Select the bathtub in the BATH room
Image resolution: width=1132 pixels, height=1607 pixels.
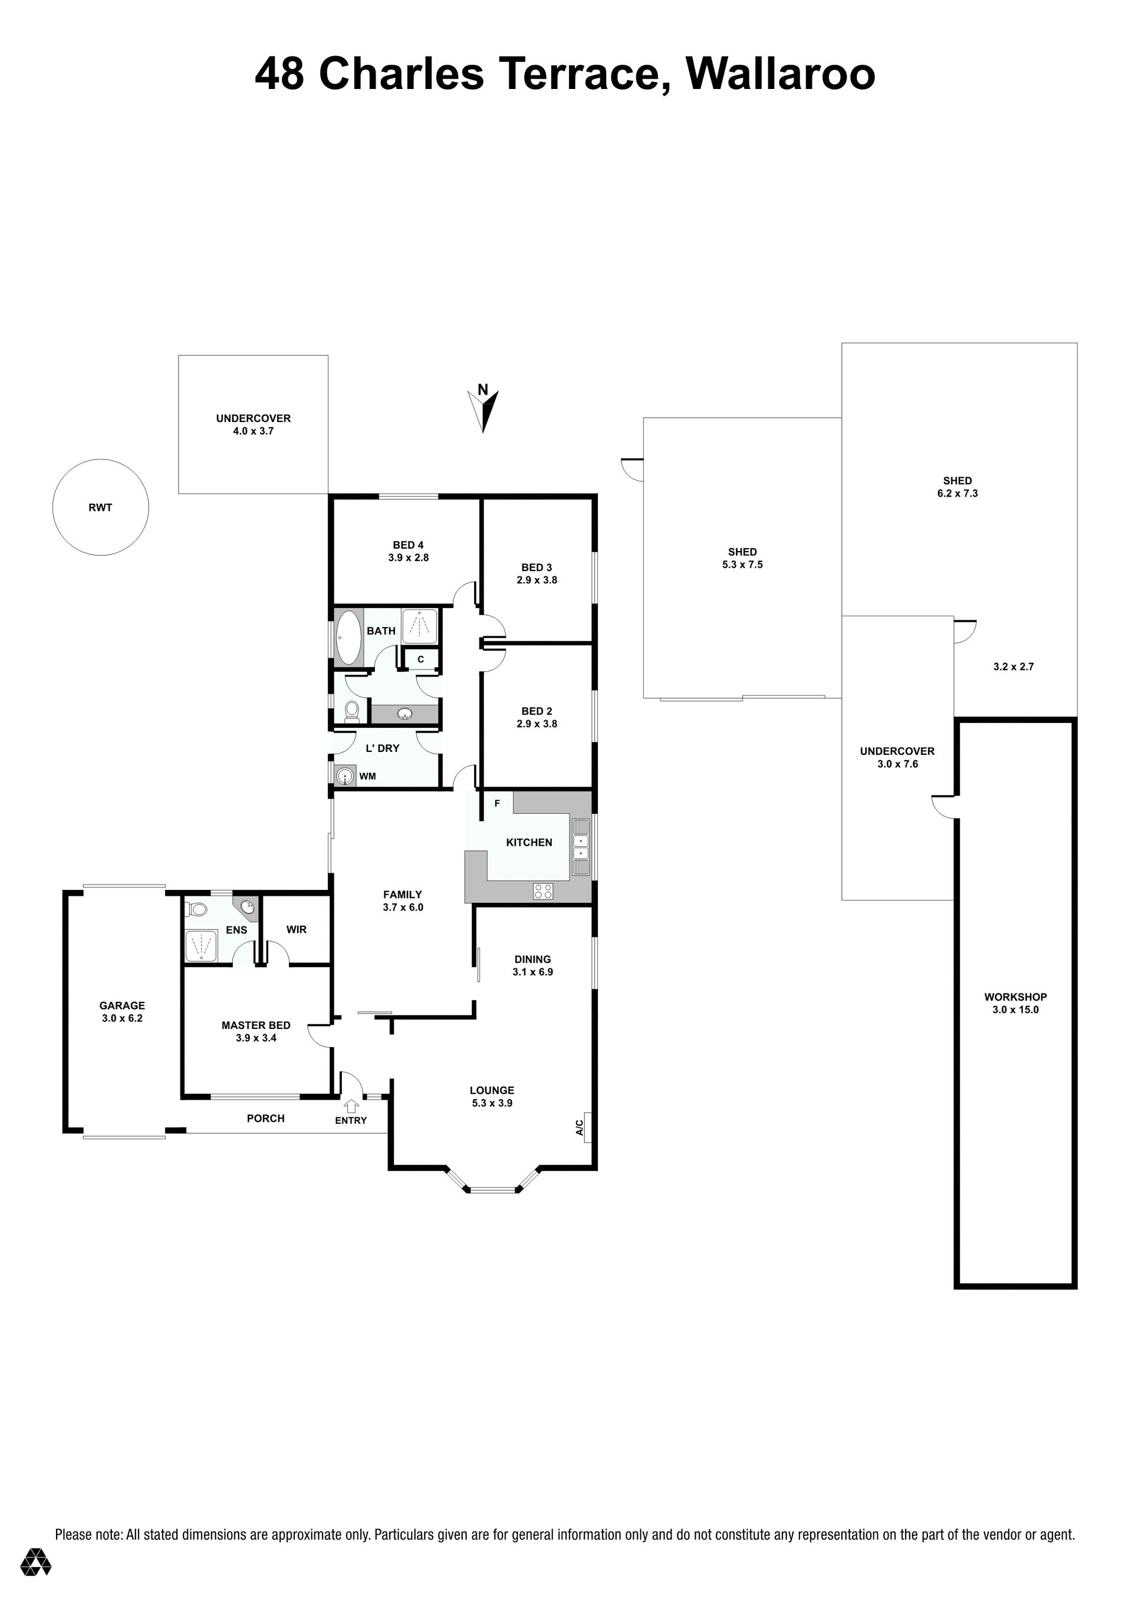(x=348, y=637)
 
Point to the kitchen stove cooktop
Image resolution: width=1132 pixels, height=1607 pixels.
(x=543, y=891)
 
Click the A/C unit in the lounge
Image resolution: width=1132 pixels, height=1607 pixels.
(x=587, y=1127)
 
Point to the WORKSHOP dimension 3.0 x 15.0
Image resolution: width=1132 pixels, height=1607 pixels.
(x=1015, y=1009)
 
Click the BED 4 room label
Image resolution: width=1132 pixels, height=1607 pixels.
(x=408, y=545)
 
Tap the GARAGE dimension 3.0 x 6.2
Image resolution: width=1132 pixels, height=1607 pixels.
(x=122, y=1018)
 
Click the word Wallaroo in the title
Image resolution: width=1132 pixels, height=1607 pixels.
(x=781, y=74)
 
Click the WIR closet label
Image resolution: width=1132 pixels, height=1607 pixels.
(x=297, y=929)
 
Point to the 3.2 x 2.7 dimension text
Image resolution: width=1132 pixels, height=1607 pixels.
(x=1013, y=667)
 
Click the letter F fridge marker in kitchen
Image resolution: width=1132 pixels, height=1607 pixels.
(x=497, y=803)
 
